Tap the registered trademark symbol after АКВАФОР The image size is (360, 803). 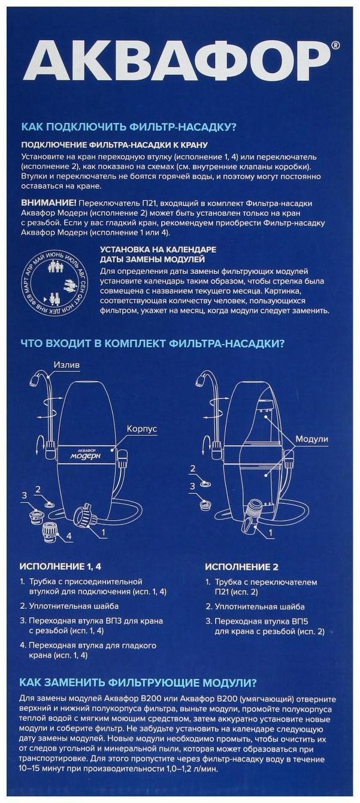pyautogui.click(x=335, y=45)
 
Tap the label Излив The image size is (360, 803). pyautogui.click(x=66, y=364)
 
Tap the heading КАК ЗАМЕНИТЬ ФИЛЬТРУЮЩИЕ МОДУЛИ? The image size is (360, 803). pyautogui.click(x=138, y=683)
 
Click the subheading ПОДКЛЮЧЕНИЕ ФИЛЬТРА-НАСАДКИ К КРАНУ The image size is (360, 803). pyautogui.click(x=114, y=145)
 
